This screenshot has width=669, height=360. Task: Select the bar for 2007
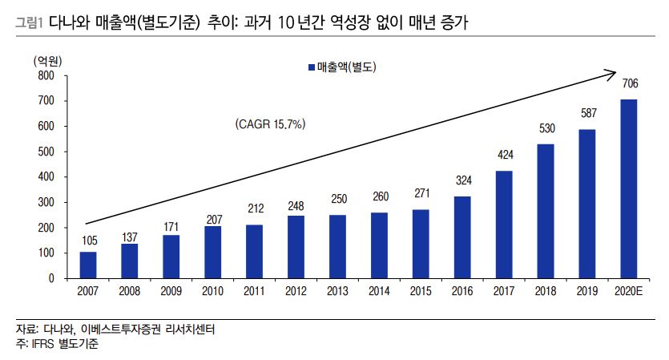point(88,265)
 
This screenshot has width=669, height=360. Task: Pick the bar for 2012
point(296,247)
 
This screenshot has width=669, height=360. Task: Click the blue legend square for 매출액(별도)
point(312,68)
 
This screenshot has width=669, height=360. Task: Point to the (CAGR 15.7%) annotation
point(271,124)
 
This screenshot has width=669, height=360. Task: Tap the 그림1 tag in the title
point(29,26)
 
